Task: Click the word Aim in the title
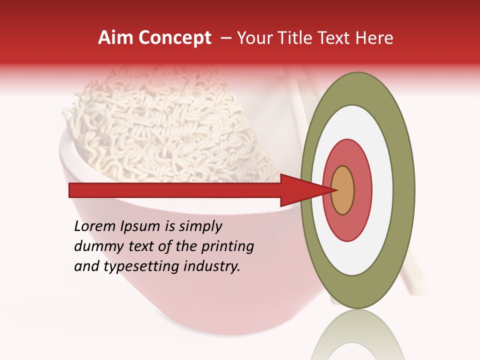click(x=115, y=38)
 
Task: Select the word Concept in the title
click(x=174, y=38)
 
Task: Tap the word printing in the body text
click(x=227, y=246)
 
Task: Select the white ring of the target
click(x=382, y=190)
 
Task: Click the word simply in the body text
click(x=200, y=226)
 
